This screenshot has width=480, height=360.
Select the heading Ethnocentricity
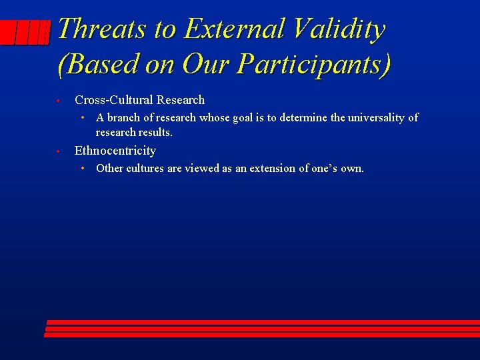[x=115, y=151]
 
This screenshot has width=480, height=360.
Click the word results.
[x=155, y=132]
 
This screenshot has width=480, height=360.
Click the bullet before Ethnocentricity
[x=59, y=151]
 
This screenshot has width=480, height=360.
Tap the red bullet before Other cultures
[x=81, y=168]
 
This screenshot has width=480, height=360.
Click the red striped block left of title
[x=25, y=31]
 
